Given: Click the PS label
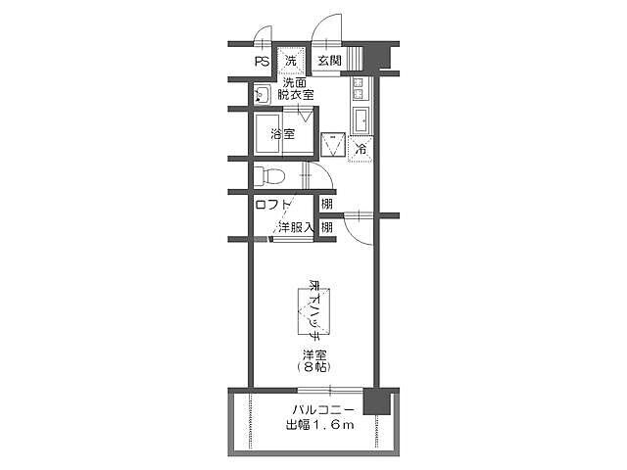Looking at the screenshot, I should point(261,62).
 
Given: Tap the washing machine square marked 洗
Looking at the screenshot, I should point(290,61).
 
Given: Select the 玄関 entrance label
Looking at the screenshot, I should point(329,62).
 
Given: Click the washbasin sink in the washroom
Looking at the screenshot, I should point(263,95).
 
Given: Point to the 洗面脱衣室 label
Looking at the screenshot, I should point(295,89).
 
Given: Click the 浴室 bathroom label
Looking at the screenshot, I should point(282,134).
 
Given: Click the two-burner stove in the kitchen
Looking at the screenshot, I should point(358,91).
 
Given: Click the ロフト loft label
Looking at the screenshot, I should point(273,205).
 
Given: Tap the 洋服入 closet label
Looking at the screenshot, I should point(294,228).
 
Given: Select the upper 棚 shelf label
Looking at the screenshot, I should point(326,204).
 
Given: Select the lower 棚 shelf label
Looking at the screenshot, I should point(326,228).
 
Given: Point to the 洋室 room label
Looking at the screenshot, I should point(313,353).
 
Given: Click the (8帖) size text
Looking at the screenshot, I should point(313,367).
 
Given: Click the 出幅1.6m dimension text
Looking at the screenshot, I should point(319,425).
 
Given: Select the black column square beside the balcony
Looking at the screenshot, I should point(375,402).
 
